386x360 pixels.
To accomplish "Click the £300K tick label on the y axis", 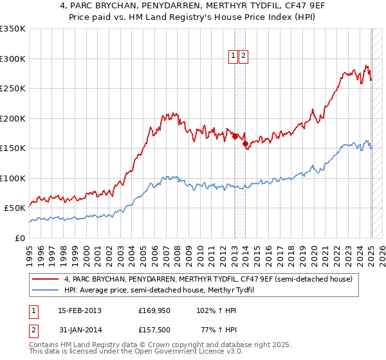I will (13, 59).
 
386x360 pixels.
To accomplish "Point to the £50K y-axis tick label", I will (15, 208).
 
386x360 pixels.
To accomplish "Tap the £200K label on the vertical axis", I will (13, 118).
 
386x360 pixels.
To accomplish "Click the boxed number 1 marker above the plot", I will (233, 56).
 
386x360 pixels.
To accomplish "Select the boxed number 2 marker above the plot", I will (244, 56).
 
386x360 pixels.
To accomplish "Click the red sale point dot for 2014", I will (245, 143).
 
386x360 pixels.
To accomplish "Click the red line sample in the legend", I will (45, 280).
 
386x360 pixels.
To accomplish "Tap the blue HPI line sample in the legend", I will (45, 290).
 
